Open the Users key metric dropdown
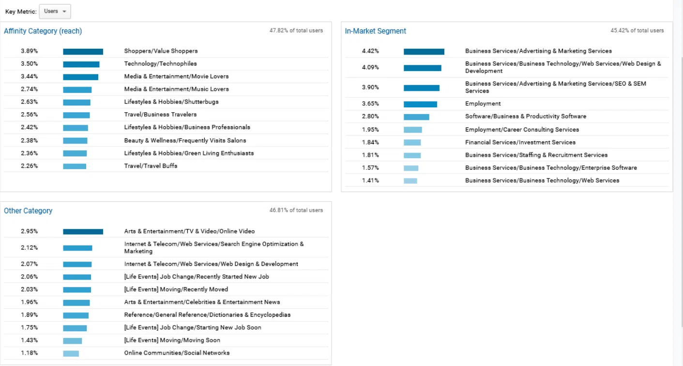coord(55,12)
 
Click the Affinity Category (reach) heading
coord(43,31)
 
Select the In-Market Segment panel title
coord(375,31)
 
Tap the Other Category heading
coord(28,211)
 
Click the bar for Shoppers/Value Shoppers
coord(83,51)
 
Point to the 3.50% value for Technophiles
coord(29,64)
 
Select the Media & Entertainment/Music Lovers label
coord(176,89)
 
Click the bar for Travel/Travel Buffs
coord(75,166)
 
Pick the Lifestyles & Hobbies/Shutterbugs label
coord(171,102)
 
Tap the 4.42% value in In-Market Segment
coord(370,51)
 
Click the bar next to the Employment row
coord(420,104)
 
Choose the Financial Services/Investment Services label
coord(520,143)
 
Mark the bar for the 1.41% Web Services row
coord(410,181)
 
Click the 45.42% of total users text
coord(637,30)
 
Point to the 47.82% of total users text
coord(296,30)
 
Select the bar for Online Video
coord(83,232)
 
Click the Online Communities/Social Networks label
coord(177,353)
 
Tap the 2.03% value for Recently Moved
coord(29,290)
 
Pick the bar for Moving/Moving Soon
coord(72,340)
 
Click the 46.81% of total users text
coord(296,210)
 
